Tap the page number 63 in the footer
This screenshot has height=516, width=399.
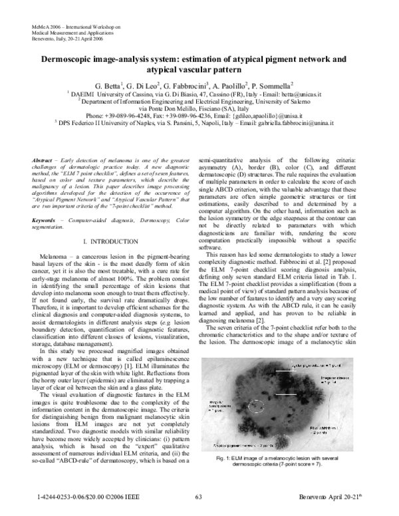click(x=198, y=496)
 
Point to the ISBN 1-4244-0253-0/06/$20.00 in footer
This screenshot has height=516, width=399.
click(x=66, y=496)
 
